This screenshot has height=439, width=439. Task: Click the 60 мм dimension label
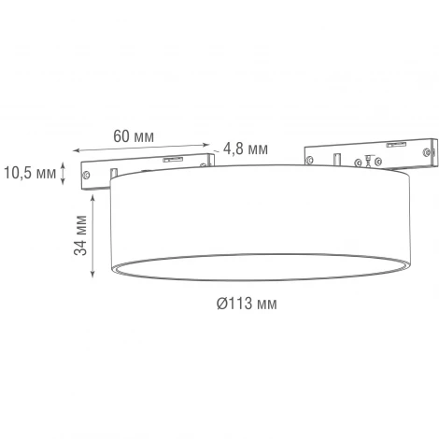pos(133,136)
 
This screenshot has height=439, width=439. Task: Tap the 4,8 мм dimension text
pos(247,149)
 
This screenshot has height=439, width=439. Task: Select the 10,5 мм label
pos(29,171)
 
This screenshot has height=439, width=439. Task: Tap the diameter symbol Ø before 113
pos(223,304)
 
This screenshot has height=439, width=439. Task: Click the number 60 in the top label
pos(120,136)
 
